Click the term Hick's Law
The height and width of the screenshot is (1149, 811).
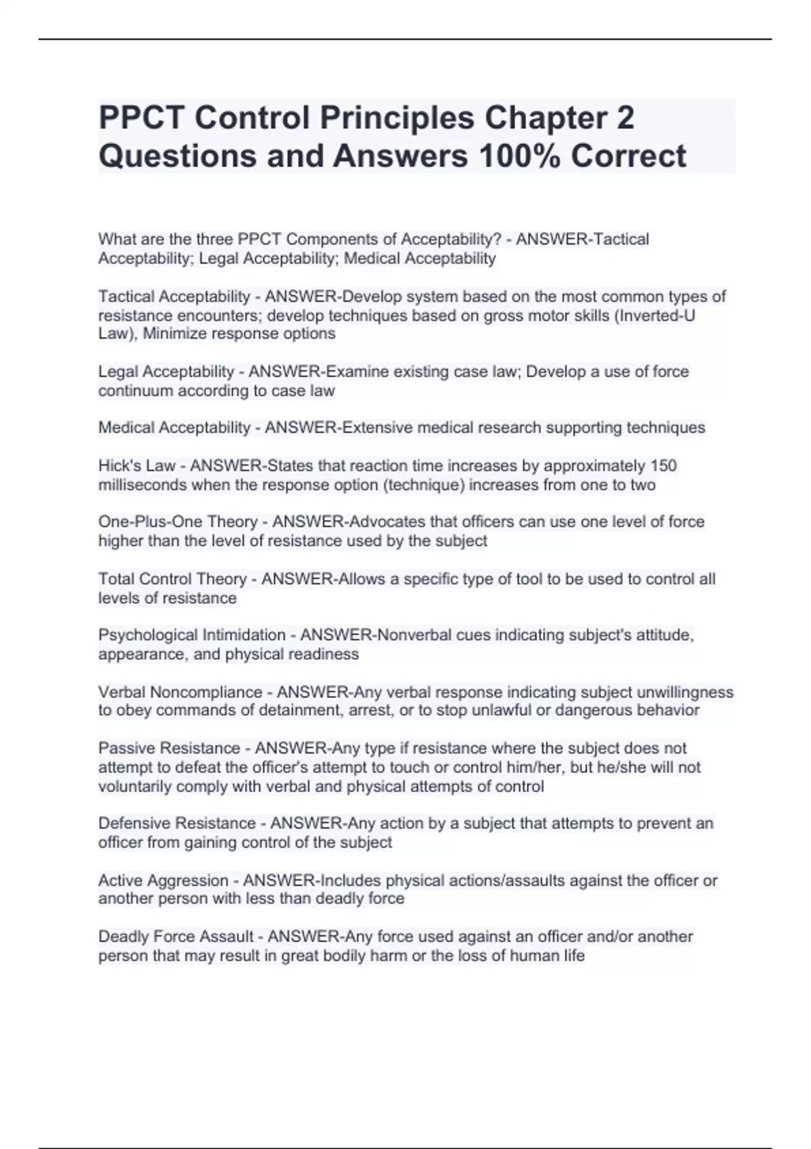137,466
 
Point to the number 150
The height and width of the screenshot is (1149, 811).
663,466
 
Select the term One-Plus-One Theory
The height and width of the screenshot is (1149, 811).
178,522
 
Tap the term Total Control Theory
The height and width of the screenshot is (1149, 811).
172,579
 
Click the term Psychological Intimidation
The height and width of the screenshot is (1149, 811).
192,635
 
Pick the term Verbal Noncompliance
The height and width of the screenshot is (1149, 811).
180,692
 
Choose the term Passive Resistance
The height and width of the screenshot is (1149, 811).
169,748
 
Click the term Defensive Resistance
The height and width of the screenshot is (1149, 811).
177,823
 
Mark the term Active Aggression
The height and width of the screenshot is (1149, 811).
163,880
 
